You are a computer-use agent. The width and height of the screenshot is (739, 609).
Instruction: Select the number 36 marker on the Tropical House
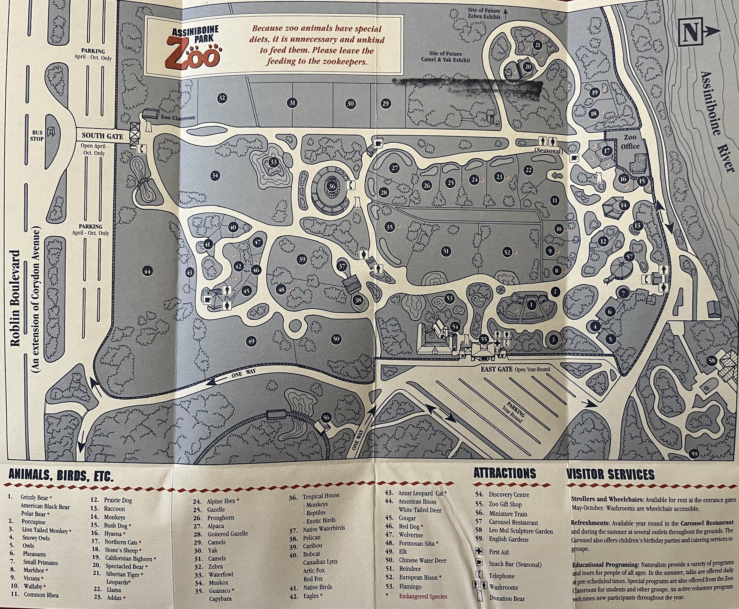tap(332, 186)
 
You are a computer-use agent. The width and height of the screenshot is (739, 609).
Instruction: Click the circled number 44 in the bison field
tap(147, 271)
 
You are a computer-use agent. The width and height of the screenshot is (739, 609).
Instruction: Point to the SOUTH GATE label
tap(102, 136)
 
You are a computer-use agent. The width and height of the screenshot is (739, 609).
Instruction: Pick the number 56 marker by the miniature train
tap(326, 418)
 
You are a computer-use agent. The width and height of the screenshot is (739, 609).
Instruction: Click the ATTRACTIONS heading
tap(505, 474)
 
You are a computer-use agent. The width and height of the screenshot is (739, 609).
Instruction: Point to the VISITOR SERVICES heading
tap(611, 475)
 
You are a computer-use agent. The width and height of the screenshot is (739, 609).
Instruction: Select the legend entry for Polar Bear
tap(34, 514)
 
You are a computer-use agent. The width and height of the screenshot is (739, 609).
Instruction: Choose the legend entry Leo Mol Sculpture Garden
tap(521, 531)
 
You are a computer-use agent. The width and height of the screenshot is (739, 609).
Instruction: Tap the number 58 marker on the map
tap(712, 361)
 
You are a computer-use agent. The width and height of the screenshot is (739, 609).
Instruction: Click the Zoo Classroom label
tap(178, 118)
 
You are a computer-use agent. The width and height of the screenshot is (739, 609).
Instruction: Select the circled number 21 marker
tap(538, 45)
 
